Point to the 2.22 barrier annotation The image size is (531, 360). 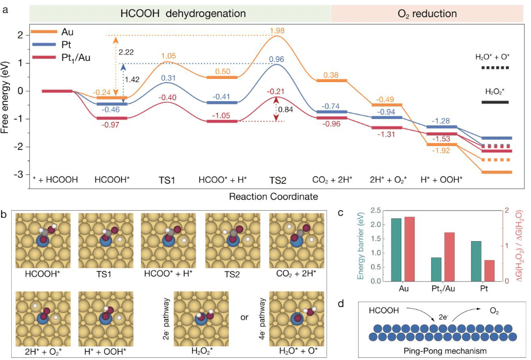tap(126, 52)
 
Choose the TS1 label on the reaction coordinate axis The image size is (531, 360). tap(167, 180)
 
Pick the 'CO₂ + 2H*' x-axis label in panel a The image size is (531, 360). tap(331, 180)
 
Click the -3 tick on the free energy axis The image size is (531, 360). tap(20, 174)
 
